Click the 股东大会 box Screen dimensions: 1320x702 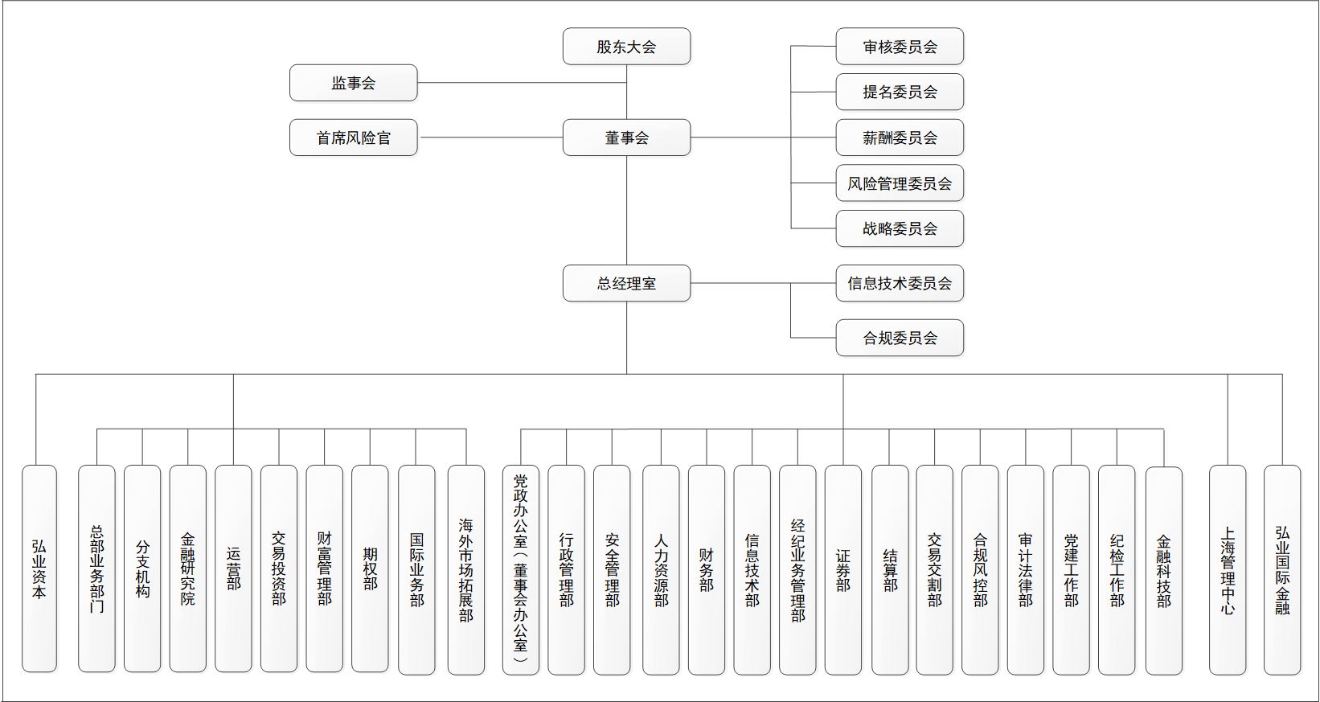tap(626, 47)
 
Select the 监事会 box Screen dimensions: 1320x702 tap(354, 83)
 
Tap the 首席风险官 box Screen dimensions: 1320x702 tap(354, 138)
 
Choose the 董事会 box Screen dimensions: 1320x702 tap(626, 138)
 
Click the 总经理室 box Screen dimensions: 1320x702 tap(626, 284)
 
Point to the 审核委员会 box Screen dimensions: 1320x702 tap(900, 47)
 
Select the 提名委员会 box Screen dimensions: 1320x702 tap(900, 92)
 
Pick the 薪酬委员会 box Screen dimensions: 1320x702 tap(900, 138)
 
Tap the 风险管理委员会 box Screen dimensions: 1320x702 tap(900, 183)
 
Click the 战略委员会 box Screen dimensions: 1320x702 tap(900, 228)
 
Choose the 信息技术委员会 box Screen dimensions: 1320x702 tap(900, 284)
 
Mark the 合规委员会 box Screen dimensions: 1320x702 tap(900, 338)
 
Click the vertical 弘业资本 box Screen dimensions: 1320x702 tap(39, 569)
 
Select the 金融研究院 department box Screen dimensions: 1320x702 tap(188, 569)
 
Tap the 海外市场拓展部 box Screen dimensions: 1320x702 tap(466, 570)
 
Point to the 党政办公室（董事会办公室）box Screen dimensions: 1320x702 tap(521, 570)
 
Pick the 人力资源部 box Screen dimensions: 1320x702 tap(661, 570)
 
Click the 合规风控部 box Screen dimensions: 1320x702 tap(981, 570)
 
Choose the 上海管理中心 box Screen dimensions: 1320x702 tap(1228, 570)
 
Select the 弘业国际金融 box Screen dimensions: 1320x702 tap(1282, 570)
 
